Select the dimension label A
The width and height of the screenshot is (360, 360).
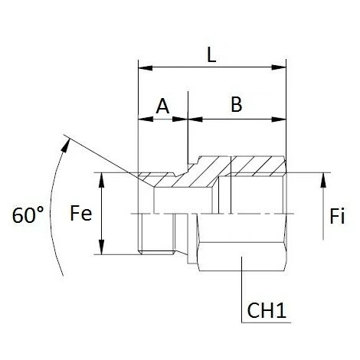162,106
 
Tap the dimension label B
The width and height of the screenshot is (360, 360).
236,106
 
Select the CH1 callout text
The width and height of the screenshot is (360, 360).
268,311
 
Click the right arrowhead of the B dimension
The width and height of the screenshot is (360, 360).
281,119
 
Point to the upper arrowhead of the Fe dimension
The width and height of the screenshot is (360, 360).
100,177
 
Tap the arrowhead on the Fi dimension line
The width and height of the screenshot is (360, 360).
325,178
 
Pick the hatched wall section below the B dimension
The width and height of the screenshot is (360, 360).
253,165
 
